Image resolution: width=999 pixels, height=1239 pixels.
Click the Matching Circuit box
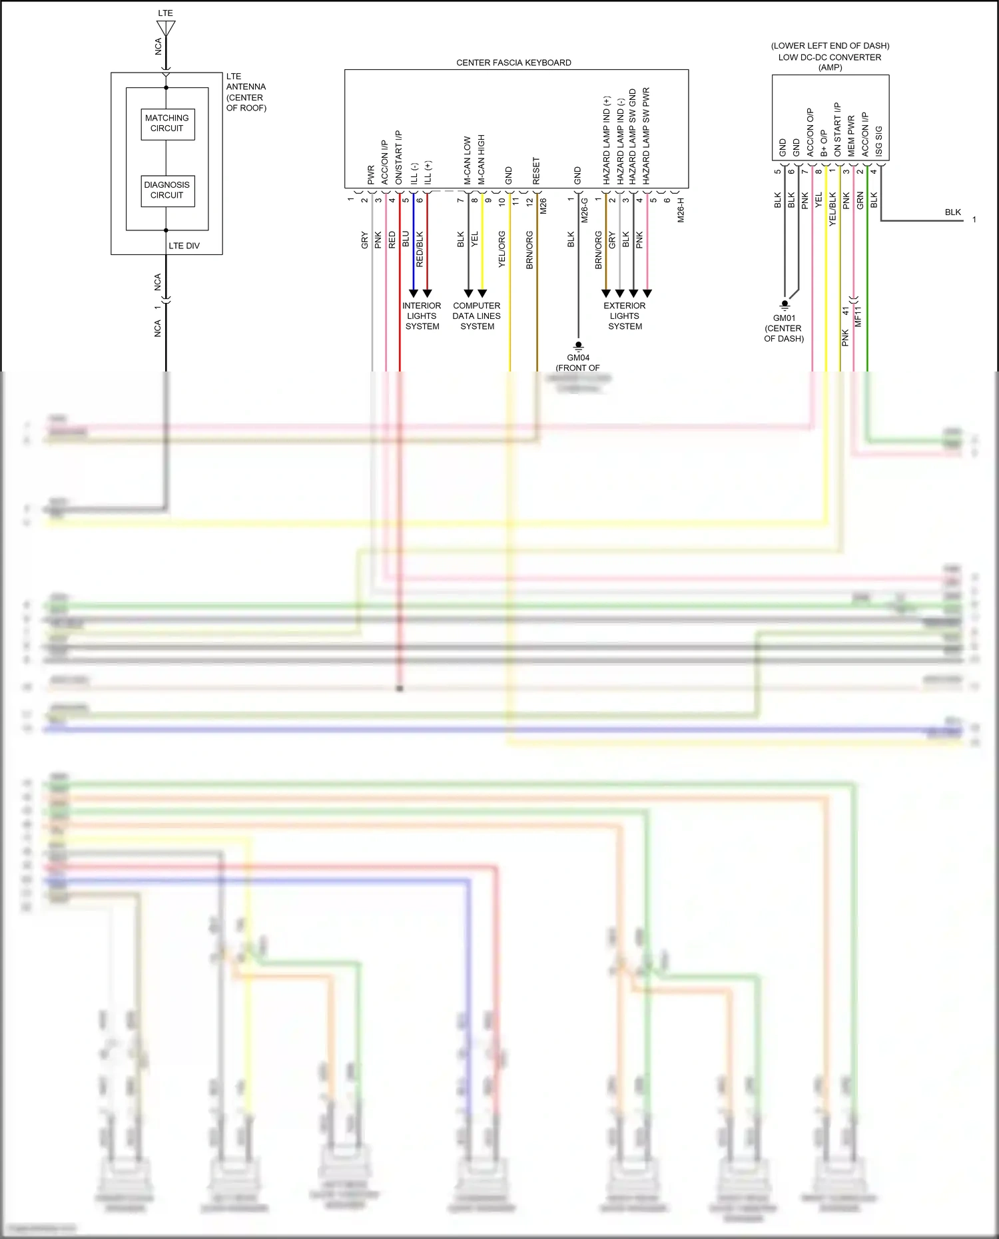(167, 124)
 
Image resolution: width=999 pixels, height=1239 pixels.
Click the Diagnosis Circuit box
(167, 190)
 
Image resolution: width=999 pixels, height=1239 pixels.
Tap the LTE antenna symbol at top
(166, 29)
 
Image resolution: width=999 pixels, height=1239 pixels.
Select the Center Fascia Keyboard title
(513, 63)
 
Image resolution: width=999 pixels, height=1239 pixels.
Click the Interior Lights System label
(422, 316)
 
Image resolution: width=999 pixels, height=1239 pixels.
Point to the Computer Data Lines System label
(477, 316)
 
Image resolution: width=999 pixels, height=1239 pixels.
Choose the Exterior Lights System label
(625, 316)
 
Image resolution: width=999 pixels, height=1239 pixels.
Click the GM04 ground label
(578, 358)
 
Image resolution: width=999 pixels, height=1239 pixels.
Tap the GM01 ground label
(784, 318)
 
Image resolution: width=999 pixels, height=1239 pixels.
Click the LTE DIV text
(184, 246)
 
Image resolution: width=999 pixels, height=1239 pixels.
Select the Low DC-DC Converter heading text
(830, 57)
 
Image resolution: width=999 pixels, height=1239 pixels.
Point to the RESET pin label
(536, 171)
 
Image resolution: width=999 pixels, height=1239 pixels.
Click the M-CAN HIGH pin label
(482, 160)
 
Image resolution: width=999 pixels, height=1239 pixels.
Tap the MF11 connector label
(858, 316)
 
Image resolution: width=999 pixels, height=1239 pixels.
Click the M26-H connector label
(681, 209)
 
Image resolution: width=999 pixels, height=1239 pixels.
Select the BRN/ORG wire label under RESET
(529, 250)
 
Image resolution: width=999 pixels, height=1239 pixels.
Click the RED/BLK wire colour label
(420, 249)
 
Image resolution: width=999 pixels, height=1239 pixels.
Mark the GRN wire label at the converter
(860, 200)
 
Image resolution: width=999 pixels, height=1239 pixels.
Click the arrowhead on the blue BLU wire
(413, 294)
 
